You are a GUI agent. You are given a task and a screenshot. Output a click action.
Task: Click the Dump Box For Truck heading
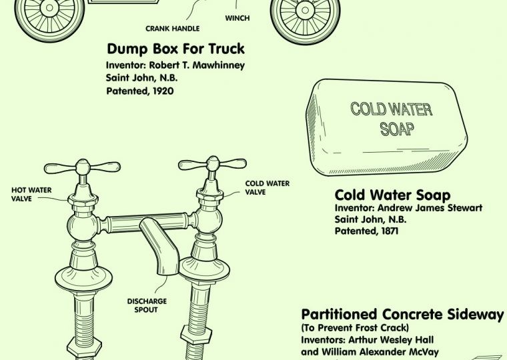click(175, 49)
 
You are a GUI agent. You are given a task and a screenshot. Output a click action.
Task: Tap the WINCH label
click(237, 18)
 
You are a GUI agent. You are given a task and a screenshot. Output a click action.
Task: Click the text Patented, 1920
click(139, 90)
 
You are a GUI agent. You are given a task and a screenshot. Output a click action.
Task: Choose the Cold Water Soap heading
click(392, 195)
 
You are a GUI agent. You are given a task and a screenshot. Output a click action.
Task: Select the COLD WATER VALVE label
click(268, 187)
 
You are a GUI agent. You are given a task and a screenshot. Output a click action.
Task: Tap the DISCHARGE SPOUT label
click(147, 305)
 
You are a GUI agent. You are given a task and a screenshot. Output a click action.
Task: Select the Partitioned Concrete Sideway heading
click(402, 314)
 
